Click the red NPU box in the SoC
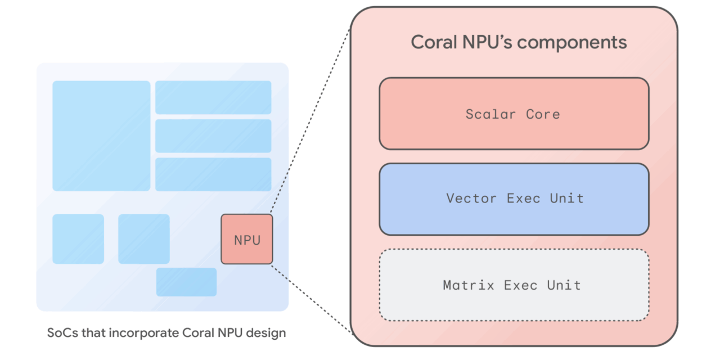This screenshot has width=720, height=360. pyautogui.click(x=246, y=239)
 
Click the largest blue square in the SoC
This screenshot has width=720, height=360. pyautogui.click(x=101, y=136)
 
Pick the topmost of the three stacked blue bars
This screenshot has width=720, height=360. pyautogui.click(x=213, y=97)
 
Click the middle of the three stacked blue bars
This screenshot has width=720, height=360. pyautogui.click(x=213, y=136)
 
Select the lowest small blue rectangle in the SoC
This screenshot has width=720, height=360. pyautogui.click(x=186, y=282)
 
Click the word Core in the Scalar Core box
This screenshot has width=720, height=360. pyautogui.click(x=543, y=114)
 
